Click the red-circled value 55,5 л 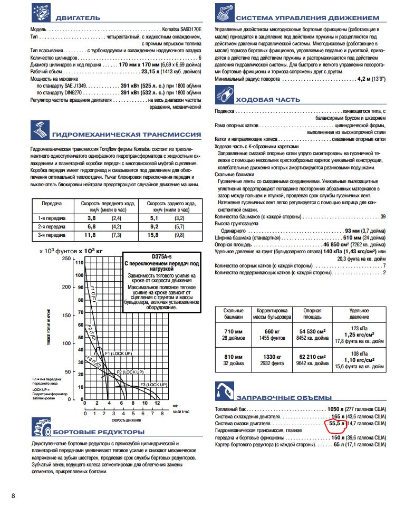pos(335,423)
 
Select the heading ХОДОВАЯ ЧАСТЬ pos(268,99)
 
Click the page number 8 pos(13,495)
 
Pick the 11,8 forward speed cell pos(91,235)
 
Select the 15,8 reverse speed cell pos(155,235)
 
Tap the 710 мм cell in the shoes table pos(233,330)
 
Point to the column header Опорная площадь pos(312,314)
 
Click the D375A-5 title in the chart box pos(161,256)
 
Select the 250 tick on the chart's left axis pos(66,258)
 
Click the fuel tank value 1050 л pos(336,409)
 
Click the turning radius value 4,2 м pos(365,79)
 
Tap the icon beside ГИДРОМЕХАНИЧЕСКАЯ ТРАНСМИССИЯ pos(39,129)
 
